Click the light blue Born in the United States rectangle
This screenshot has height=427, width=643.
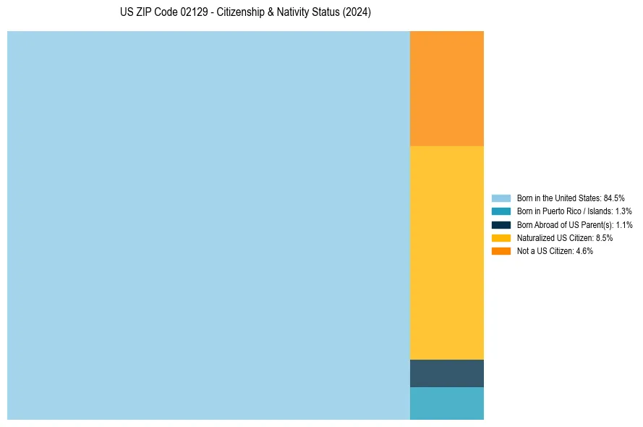[208, 225]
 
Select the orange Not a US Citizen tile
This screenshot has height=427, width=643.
[446, 88]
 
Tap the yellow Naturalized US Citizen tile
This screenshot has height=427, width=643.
[446, 253]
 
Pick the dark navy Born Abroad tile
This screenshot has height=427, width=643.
[446, 373]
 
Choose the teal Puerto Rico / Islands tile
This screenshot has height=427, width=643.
[446, 404]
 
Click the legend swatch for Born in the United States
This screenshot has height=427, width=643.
[501, 198]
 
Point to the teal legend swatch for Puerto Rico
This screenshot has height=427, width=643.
[501, 211]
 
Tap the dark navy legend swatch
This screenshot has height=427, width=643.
[501, 225]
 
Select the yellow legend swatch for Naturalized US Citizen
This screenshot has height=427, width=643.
[501, 238]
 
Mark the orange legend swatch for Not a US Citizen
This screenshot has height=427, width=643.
[501, 251]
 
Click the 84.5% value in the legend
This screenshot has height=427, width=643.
[614, 198]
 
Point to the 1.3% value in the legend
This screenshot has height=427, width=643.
[623, 211]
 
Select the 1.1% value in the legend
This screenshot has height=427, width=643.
[623, 225]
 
